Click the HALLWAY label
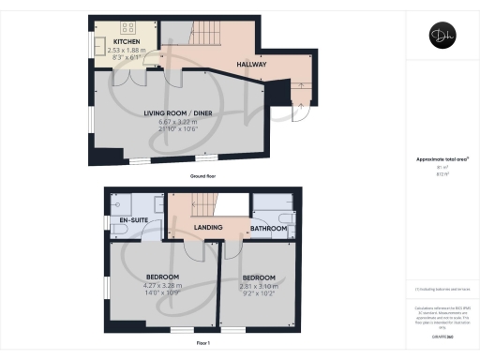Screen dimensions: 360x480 coord(252,65)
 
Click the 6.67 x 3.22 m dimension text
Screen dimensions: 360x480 coord(176,122)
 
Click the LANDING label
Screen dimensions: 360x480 coord(206,228)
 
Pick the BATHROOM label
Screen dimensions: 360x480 coord(268,228)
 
